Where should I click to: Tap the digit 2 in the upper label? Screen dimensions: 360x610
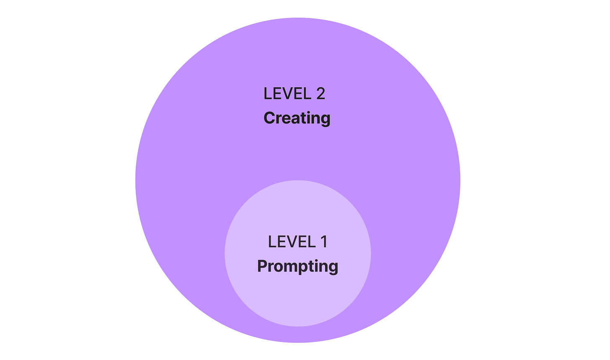click(321, 93)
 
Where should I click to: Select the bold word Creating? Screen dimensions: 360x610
click(297, 118)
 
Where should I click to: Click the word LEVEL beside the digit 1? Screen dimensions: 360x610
click(292, 242)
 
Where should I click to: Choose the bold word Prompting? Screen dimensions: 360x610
click(297, 266)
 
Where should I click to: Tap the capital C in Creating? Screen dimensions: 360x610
click(269, 118)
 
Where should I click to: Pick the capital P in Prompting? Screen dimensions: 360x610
click(262, 266)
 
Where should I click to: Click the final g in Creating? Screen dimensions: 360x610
click(326, 119)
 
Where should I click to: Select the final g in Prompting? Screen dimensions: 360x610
click(333, 267)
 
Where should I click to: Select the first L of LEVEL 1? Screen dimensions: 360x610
click(271, 242)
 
